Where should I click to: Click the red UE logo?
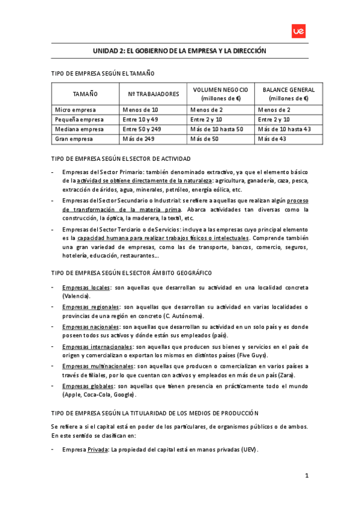298,32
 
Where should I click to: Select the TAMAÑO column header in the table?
85,94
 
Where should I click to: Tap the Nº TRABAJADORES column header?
153,94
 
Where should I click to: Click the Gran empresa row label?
73,139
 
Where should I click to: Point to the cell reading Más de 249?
139,139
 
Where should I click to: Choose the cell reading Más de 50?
205,139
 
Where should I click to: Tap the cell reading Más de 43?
273,139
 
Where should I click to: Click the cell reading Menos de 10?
140,110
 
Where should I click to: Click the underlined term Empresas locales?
86,288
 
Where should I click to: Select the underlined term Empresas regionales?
91,307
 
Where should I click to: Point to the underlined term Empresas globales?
88,386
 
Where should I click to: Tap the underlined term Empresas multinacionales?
98,366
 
